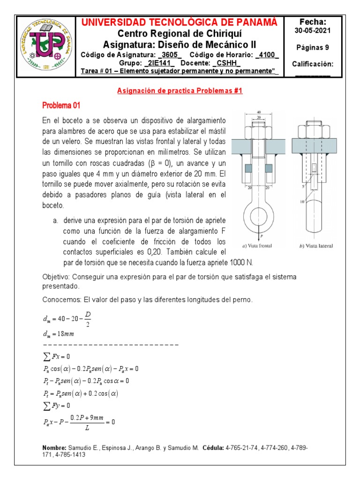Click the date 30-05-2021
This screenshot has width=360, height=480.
pyautogui.click(x=312, y=31)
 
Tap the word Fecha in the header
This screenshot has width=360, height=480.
pyautogui.click(x=313, y=22)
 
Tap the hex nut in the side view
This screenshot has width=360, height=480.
pyautogui.click(x=313, y=130)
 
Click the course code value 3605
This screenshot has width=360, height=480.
pyautogui.click(x=171, y=55)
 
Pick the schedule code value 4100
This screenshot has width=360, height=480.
pyautogui.click(x=267, y=55)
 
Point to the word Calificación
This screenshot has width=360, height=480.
pyautogui.click(x=312, y=64)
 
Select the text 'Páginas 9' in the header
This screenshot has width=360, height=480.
pyautogui.click(x=313, y=47)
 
